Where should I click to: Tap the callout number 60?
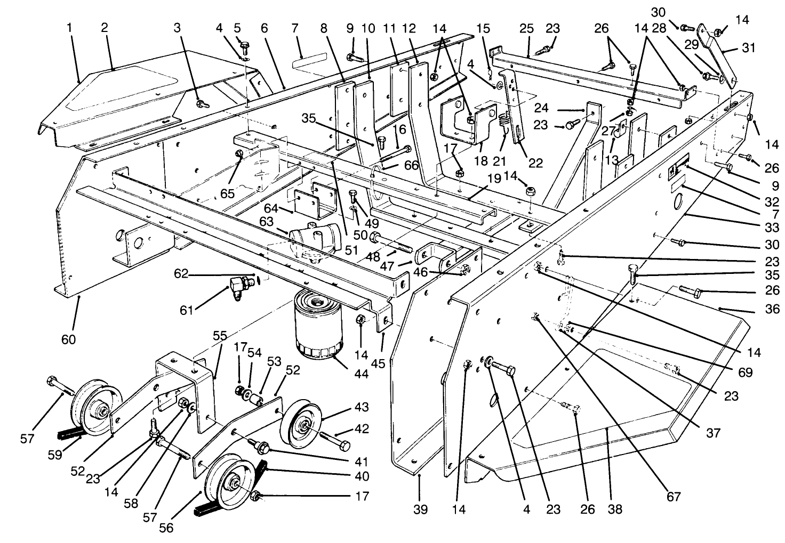68,339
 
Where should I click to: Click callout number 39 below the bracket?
420,509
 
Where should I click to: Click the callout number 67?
674,497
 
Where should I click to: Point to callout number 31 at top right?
749,49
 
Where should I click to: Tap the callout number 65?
227,193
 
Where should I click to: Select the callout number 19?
494,179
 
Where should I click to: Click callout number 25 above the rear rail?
526,28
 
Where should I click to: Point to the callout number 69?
745,372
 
